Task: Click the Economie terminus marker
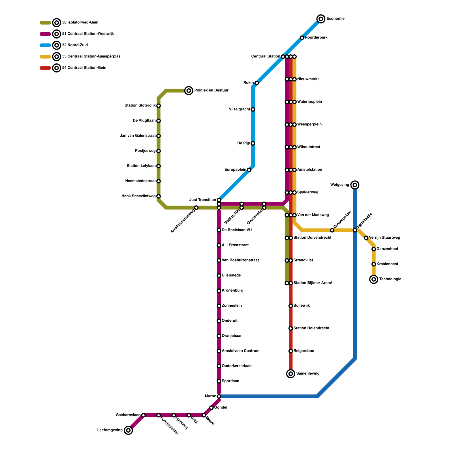321,19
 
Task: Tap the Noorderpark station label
316,38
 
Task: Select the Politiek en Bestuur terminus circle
189,91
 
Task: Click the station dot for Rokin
257,83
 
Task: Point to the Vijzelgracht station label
239,110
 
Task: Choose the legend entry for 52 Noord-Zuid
75,45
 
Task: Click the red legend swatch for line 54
45,68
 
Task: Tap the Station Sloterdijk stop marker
159,106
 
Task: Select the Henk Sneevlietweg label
138,196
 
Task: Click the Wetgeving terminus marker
355,185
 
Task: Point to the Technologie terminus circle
374,279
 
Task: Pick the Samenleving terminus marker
290,374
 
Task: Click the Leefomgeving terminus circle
129,430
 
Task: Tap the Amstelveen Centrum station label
240,351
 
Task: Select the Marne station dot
219,396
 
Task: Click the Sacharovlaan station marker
144,415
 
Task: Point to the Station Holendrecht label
311,328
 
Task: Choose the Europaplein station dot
249,170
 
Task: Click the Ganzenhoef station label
387,249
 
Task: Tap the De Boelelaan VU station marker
219,230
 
